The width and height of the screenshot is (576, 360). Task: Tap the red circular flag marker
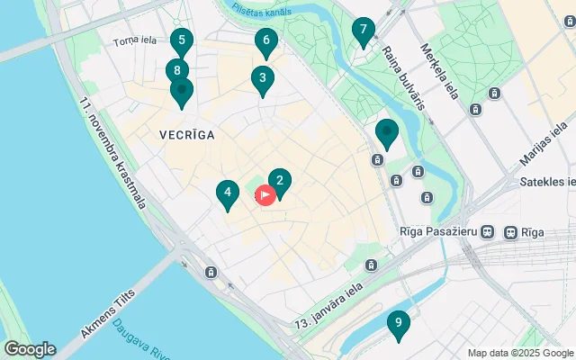tap(265, 194)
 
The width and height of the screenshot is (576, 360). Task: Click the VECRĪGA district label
tap(186, 135)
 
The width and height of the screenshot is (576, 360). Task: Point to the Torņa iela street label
tap(135, 41)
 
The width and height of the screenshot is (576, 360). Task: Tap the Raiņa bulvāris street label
tap(401, 77)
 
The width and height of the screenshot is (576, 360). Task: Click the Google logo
tap(30, 349)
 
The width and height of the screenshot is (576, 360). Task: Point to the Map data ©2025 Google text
tap(520, 353)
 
